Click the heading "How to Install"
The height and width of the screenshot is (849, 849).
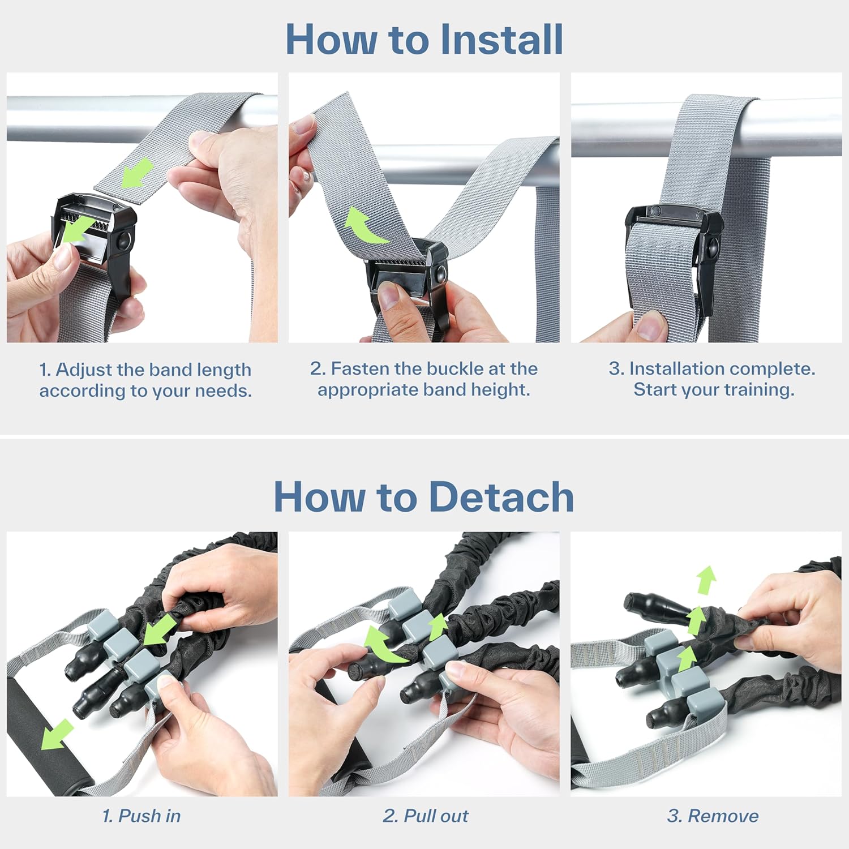(424, 39)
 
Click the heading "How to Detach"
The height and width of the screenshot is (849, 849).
(424, 496)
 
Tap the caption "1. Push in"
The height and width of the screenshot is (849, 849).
(141, 816)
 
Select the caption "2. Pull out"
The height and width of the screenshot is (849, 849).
(426, 816)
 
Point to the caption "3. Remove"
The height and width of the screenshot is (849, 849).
(713, 816)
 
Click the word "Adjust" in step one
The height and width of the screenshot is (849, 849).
(84, 370)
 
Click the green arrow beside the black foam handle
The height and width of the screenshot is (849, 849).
(57, 734)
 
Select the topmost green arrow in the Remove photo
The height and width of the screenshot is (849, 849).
(706, 580)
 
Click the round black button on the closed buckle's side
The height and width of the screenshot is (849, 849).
(713, 247)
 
